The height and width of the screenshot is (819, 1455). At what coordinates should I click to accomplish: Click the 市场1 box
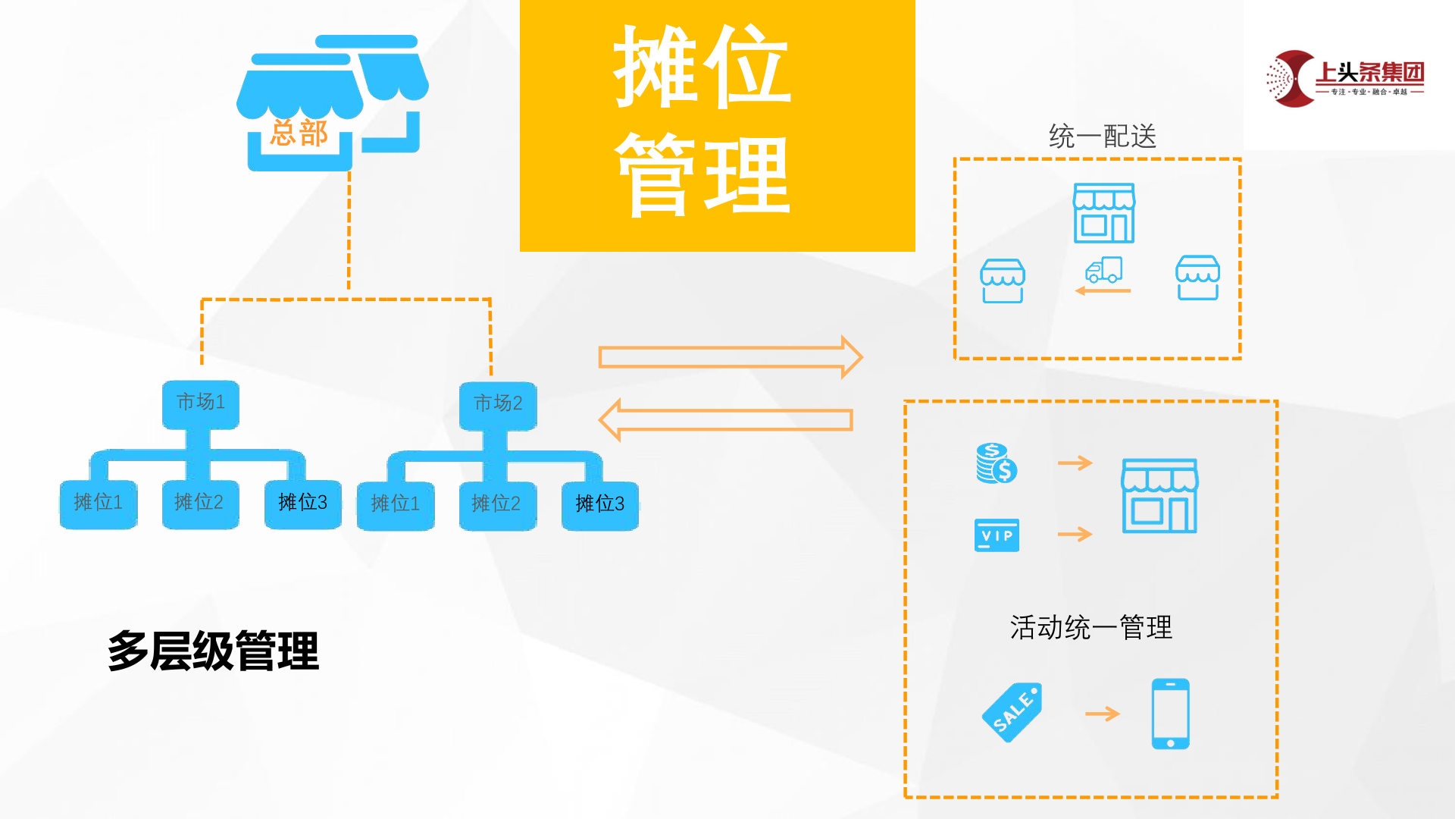tap(201, 403)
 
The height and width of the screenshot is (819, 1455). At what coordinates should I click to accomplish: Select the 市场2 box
tap(498, 404)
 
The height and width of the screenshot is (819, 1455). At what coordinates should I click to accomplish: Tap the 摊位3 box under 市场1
tap(302, 503)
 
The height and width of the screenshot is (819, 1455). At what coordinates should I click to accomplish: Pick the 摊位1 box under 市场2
tap(396, 504)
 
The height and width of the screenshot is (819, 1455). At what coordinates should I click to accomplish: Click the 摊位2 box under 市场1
tap(200, 503)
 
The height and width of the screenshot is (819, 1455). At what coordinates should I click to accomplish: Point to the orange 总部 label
tap(299, 133)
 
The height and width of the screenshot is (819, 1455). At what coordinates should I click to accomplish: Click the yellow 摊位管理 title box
tap(717, 125)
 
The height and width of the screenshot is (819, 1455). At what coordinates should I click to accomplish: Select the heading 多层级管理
tap(214, 651)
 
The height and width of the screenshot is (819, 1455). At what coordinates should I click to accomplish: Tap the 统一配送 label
tap(1103, 136)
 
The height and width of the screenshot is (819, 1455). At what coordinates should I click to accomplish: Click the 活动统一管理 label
tap(1090, 628)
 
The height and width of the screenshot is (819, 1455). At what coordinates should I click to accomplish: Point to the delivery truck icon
tap(1103, 270)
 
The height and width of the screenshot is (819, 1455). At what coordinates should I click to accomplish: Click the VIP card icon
tap(997, 535)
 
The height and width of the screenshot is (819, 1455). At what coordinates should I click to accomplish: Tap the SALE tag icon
tap(1012, 712)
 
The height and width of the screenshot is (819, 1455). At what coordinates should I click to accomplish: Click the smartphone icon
tap(1170, 714)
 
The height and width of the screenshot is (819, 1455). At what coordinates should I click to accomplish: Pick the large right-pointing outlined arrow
tap(730, 357)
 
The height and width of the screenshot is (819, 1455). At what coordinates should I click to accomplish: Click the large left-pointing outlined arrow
tap(726, 419)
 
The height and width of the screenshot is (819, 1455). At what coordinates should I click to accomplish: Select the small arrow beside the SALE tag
tap(1102, 714)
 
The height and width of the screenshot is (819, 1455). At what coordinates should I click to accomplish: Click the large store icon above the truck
tap(1103, 213)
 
